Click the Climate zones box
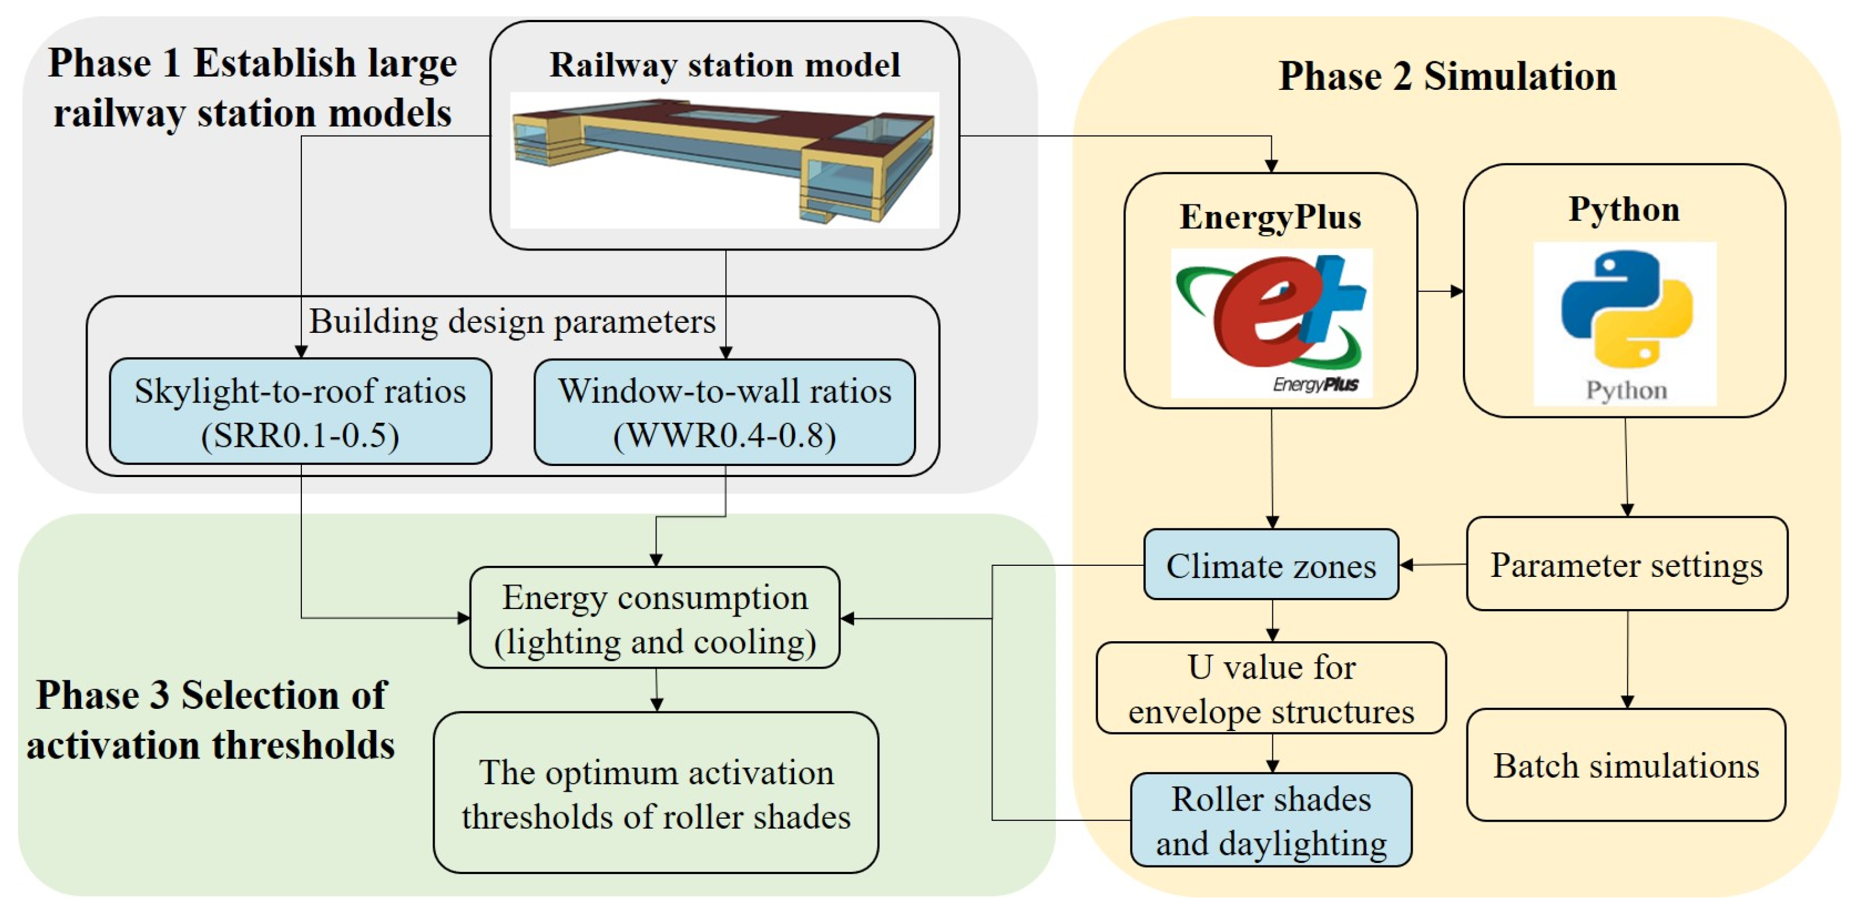tap(1271, 565)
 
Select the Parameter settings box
tap(1627, 564)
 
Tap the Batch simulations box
tap(1626, 765)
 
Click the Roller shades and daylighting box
tap(1271, 820)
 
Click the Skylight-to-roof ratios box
tap(300, 411)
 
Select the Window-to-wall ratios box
tap(724, 412)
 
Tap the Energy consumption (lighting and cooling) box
tap(655, 617)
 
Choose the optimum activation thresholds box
tap(656, 792)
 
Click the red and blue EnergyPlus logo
tap(1271, 323)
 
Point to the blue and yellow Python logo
tap(1625, 323)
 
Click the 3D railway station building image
tap(724, 159)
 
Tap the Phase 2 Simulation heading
tap(1447, 76)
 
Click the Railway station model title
tap(724, 65)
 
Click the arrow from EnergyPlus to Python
tap(1441, 291)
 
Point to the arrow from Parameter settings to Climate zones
tap(1433, 565)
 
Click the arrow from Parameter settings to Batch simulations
tap(1627, 659)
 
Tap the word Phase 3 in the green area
tap(103, 695)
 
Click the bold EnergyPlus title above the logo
tap(1270, 217)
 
